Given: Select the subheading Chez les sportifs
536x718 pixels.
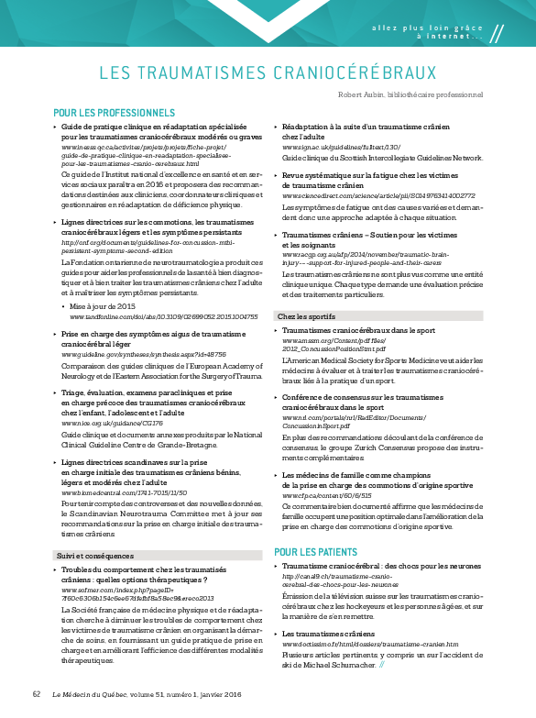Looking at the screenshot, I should coord(302,316).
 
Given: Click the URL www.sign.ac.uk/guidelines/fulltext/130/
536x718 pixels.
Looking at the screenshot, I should coord(341,147).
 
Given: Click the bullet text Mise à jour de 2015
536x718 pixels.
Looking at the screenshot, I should coord(103,306).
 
